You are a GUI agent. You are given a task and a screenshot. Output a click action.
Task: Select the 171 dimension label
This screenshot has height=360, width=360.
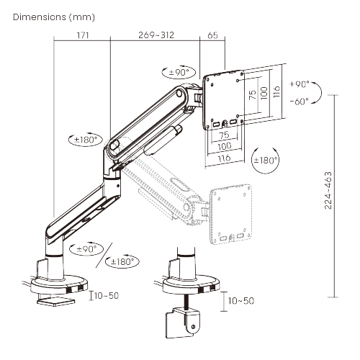click(x=81, y=34)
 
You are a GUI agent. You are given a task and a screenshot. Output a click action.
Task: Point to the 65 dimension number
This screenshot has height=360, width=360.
click(x=212, y=34)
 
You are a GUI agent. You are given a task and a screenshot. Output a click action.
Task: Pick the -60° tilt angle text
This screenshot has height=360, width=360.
click(x=300, y=101)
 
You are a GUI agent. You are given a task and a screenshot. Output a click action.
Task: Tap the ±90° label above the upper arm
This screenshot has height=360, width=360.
click(x=178, y=72)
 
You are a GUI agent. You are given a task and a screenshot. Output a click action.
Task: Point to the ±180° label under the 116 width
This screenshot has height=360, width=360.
click(x=265, y=160)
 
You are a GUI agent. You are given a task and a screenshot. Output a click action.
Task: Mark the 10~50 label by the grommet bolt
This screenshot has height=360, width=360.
click(x=240, y=300)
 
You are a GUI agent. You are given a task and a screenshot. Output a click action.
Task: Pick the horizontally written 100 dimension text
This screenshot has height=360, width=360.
click(x=224, y=145)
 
